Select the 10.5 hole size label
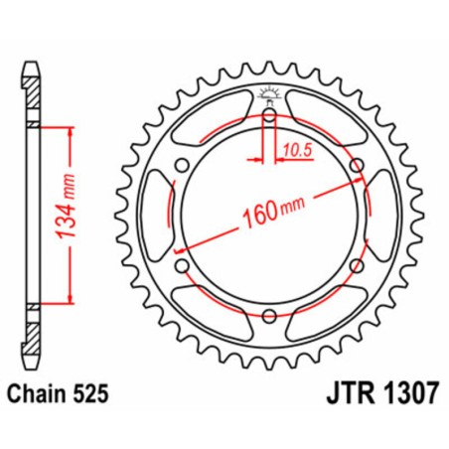[x=292, y=151]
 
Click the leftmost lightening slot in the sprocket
[x=156, y=216]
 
